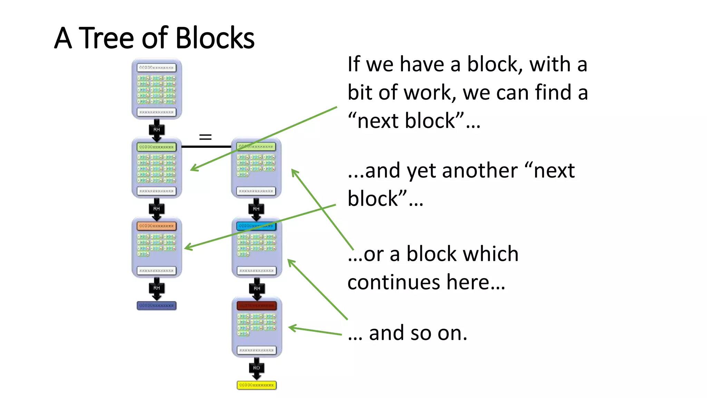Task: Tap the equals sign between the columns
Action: (x=205, y=137)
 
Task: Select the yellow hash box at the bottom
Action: (x=256, y=385)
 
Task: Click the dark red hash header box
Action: (x=256, y=305)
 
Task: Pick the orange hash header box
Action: (x=156, y=226)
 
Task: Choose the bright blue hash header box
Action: (x=256, y=226)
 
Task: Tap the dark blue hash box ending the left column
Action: (x=156, y=305)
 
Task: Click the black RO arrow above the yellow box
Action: (x=256, y=368)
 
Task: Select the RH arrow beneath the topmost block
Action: (x=156, y=130)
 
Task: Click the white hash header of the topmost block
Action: (x=156, y=68)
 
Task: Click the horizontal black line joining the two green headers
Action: (x=206, y=147)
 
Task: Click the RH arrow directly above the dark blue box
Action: (x=156, y=288)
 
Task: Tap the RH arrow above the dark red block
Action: (x=257, y=288)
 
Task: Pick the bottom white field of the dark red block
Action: (x=256, y=350)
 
